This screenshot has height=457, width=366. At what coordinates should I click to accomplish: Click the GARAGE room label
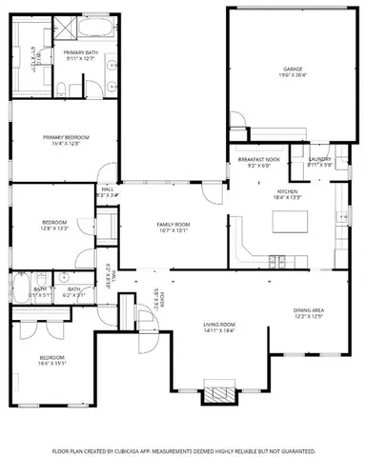[292, 70]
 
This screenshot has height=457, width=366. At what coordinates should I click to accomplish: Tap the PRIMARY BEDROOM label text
[65, 137]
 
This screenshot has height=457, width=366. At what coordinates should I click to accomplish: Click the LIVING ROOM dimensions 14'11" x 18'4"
[219, 331]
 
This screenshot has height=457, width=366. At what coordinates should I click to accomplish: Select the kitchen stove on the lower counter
[276, 259]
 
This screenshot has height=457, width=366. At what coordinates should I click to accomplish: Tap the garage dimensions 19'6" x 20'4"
[292, 76]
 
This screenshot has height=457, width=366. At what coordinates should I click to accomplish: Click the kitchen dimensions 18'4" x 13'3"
[288, 198]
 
